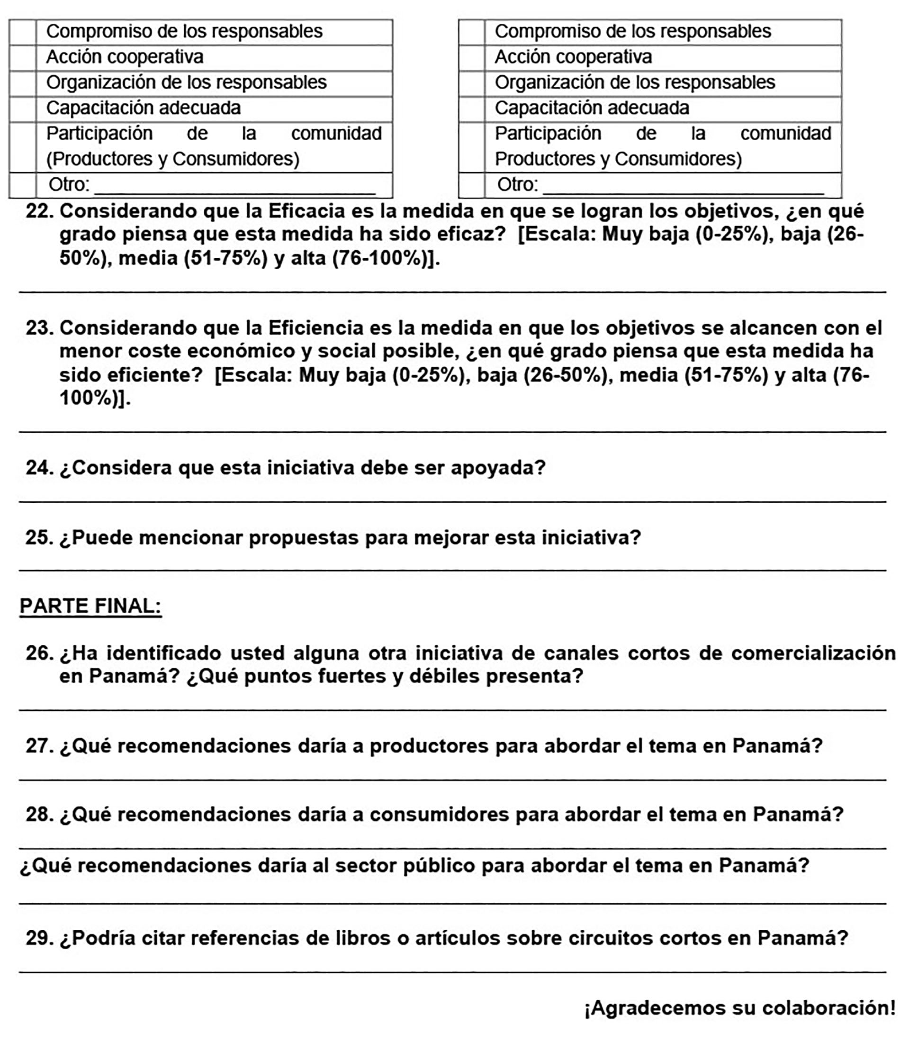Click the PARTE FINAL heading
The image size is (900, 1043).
(x=90, y=606)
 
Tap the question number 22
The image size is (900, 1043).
(x=40, y=211)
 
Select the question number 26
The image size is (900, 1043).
(x=40, y=653)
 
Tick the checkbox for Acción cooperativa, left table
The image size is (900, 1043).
(x=23, y=57)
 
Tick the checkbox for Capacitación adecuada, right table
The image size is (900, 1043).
(x=471, y=109)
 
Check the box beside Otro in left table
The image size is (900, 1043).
(x=23, y=185)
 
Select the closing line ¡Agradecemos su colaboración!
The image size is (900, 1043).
(x=739, y=1008)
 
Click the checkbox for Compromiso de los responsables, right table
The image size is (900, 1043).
(x=471, y=32)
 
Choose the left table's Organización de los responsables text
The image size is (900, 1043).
(x=186, y=82)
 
